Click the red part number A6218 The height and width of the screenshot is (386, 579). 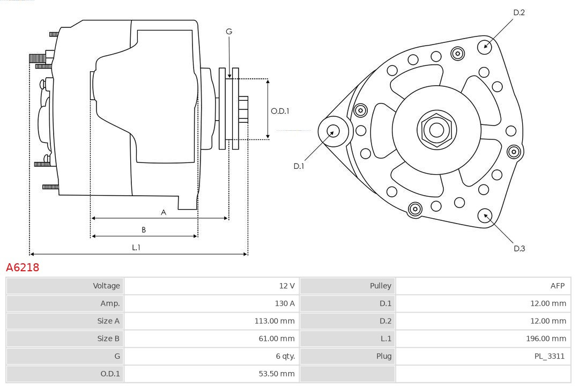coord(23,267)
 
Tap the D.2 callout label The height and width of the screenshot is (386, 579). coord(518,12)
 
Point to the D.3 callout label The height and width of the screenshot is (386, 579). coord(518,248)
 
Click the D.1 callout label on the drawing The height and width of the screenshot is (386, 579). coord(299,166)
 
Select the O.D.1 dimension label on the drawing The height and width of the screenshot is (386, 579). coord(280,111)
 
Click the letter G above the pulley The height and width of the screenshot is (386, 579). coord(229,32)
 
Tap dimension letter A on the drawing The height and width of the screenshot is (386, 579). coord(164,212)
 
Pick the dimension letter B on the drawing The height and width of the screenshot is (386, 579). coord(144,230)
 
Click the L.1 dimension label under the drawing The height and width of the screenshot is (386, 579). coord(136,248)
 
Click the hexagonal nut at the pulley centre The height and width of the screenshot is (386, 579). coord(436,130)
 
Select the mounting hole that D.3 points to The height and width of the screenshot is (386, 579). coord(485,216)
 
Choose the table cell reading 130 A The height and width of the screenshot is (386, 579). coord(284,303)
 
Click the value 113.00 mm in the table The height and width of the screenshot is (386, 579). coord(274,321)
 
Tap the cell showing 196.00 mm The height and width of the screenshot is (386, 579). coord(546,338)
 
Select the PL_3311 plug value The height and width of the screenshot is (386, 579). coord(549,356)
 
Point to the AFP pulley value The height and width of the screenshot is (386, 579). coord(557,286)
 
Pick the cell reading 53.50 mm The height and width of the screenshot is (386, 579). coord(277,374)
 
